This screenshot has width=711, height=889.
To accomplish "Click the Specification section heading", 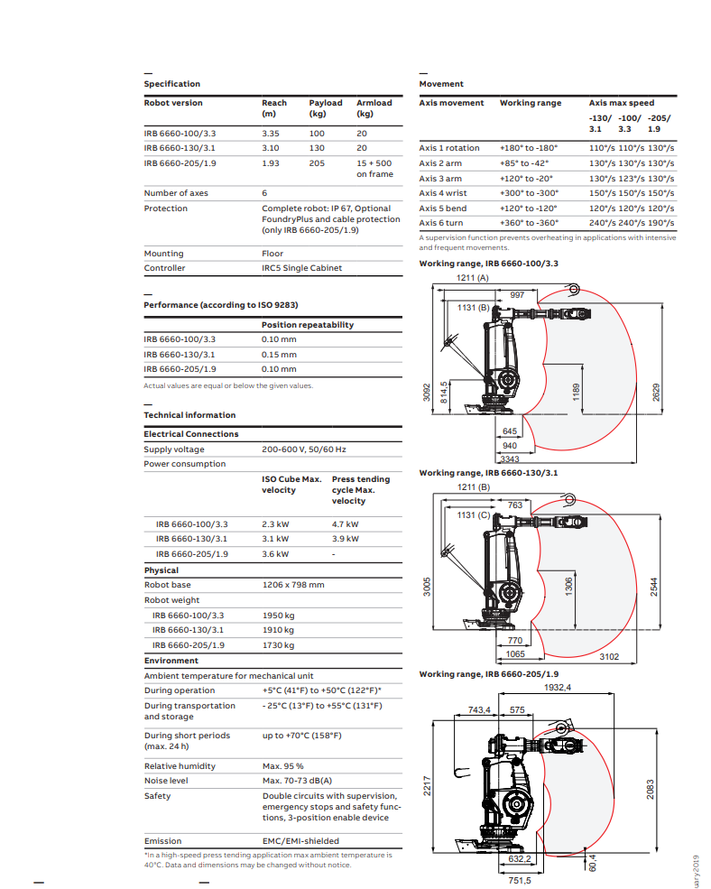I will pos(171,84).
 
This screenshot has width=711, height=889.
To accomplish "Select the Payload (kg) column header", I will pos(325,108).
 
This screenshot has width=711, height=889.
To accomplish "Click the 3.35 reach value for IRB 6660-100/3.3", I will pos(271,133).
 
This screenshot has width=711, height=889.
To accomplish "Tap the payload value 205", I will pos(317,163).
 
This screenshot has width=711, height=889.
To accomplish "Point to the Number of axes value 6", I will pos(264,193).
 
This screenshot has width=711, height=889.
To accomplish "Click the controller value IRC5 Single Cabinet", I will pos(301,268).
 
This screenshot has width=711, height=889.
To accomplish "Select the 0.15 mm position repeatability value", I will pos(279,355).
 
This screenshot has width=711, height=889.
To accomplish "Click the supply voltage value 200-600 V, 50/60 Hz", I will pos(303,449).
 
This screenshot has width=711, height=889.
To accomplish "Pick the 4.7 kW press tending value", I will pos(345,524).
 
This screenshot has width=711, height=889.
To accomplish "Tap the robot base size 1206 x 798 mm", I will pos(292,585).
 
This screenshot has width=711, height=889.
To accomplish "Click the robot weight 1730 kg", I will pos(278,645).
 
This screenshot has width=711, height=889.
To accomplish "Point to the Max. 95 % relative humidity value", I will pos(282,766).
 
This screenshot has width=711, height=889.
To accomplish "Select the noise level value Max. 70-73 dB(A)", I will pos(297,781).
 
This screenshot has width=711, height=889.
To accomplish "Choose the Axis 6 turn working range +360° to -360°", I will pos(529,223).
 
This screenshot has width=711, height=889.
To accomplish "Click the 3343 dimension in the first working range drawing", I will pos(510,459).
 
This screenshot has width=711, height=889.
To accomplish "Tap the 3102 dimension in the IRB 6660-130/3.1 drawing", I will pos(610,656).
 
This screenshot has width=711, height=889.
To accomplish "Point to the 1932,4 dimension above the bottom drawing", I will pos(558,688).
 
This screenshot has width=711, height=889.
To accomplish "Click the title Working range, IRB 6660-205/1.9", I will pos(488,674).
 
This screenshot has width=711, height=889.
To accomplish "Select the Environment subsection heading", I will pos(171,661).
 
